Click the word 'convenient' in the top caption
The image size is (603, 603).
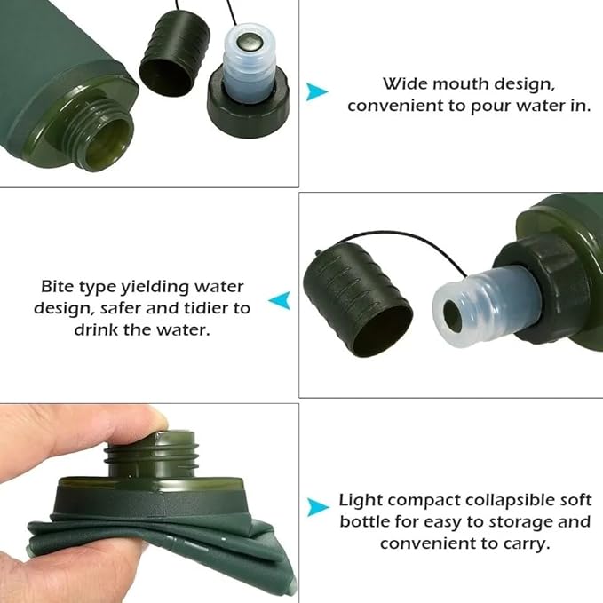click(x=389, y=105)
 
